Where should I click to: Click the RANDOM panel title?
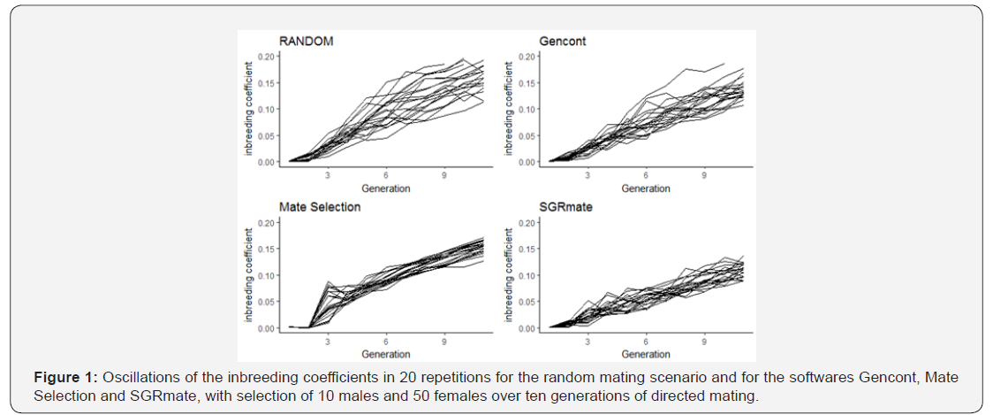point(306,42)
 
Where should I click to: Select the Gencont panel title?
point(563,42)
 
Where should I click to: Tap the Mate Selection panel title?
point(320,207)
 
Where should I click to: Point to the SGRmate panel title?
point(565,207)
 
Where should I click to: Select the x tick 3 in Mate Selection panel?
point(329,341)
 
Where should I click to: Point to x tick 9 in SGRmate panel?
point(703,341)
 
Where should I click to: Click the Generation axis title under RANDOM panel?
point(386,188)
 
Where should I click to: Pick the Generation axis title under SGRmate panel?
point(646,354)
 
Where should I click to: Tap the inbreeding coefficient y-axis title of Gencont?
point(508,109)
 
